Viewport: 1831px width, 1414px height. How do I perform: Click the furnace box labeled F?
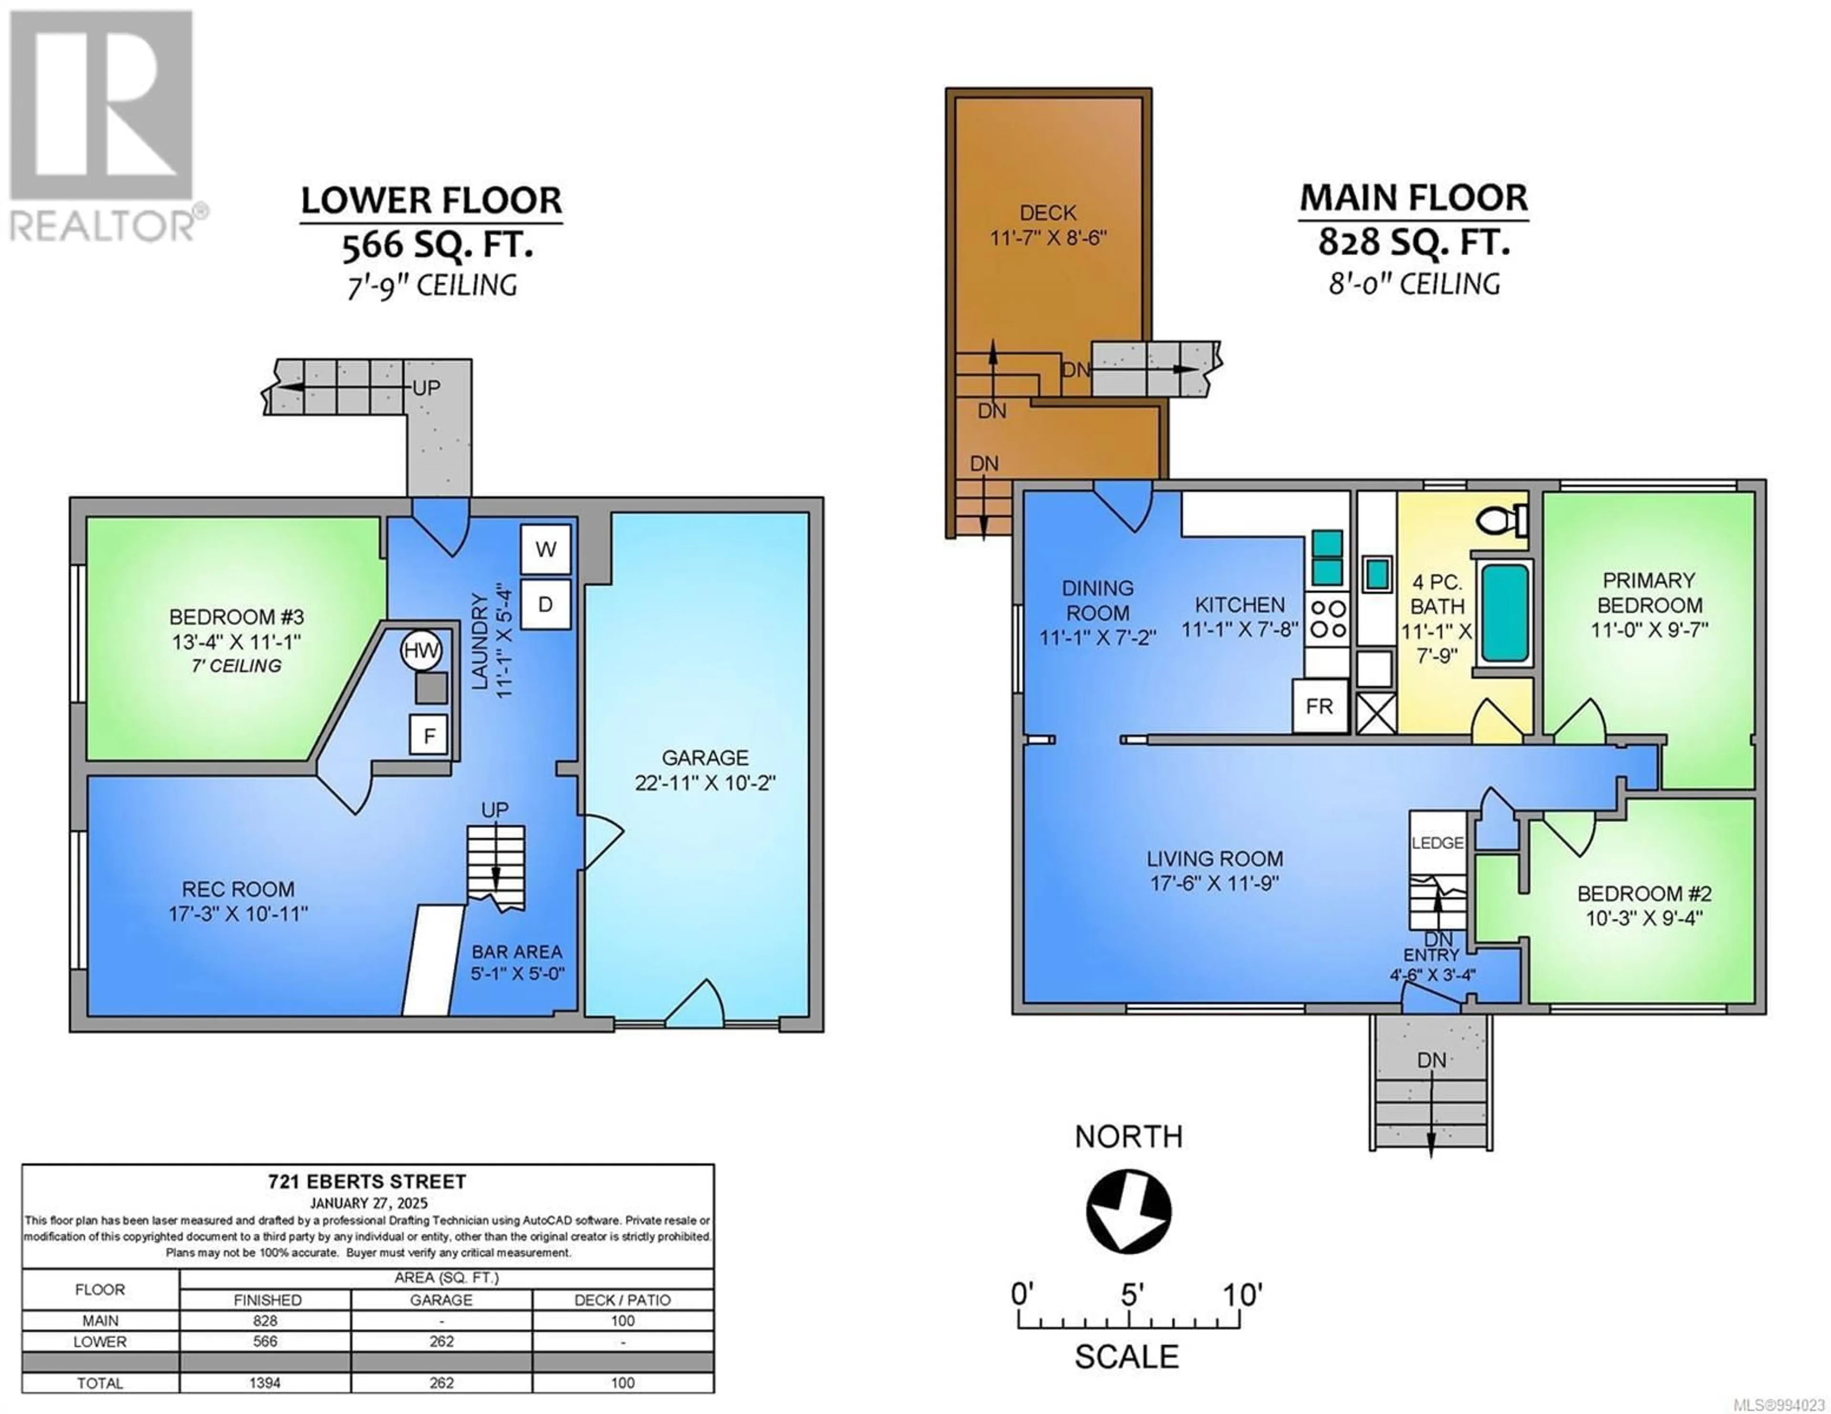point(428,735)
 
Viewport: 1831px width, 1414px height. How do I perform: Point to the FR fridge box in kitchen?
point(1319,706)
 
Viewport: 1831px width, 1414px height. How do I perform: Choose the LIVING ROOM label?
point(1215,858)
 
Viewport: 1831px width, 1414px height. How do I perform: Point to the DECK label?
point(1048,213)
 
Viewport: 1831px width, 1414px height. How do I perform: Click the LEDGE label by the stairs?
point(1438,843)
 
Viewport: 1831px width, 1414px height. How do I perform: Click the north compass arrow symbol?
point(1129,1211)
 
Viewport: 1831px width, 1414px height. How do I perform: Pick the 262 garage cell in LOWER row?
point(442,1341)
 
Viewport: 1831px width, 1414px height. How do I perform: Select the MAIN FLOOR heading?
point(1413,198)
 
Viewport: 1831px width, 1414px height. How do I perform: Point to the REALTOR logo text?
point(103,226)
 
